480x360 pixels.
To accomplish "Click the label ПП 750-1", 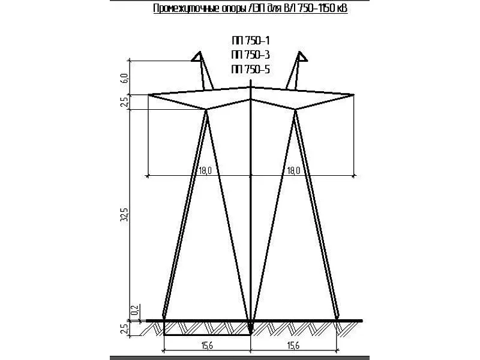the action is click(x=251, y=40).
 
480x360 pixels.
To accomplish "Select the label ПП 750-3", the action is click(x=251, y=55).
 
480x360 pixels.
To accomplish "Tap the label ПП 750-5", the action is click(x=251, y=70).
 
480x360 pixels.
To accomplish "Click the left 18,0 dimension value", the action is click(x=205, y=170).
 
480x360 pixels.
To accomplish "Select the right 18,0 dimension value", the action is click(x=293, y=170).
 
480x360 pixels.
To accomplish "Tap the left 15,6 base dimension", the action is click(x=207, y=346).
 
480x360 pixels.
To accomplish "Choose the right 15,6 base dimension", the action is click(x=293, y=346).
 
